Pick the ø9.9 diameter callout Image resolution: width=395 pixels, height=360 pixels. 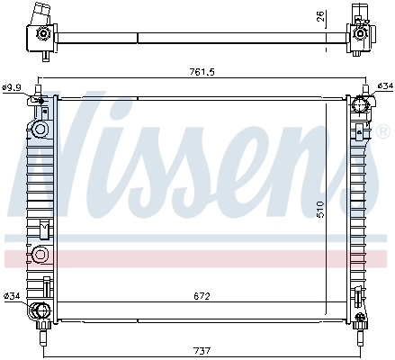coord(13,87)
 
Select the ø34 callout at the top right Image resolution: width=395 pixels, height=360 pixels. coord(384,86)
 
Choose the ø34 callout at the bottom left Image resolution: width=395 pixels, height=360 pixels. coord(12,296)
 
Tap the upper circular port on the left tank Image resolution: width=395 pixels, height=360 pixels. coord(40,130)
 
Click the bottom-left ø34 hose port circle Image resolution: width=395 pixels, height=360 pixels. coord(39,311)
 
